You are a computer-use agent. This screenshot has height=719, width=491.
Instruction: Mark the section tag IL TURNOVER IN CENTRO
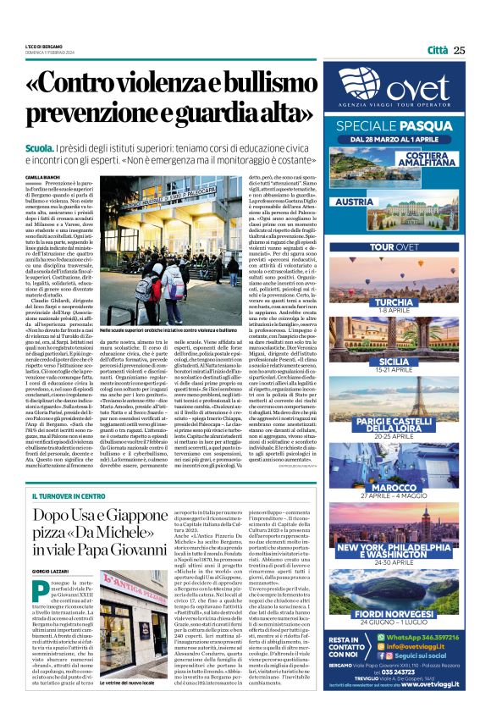69,495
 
